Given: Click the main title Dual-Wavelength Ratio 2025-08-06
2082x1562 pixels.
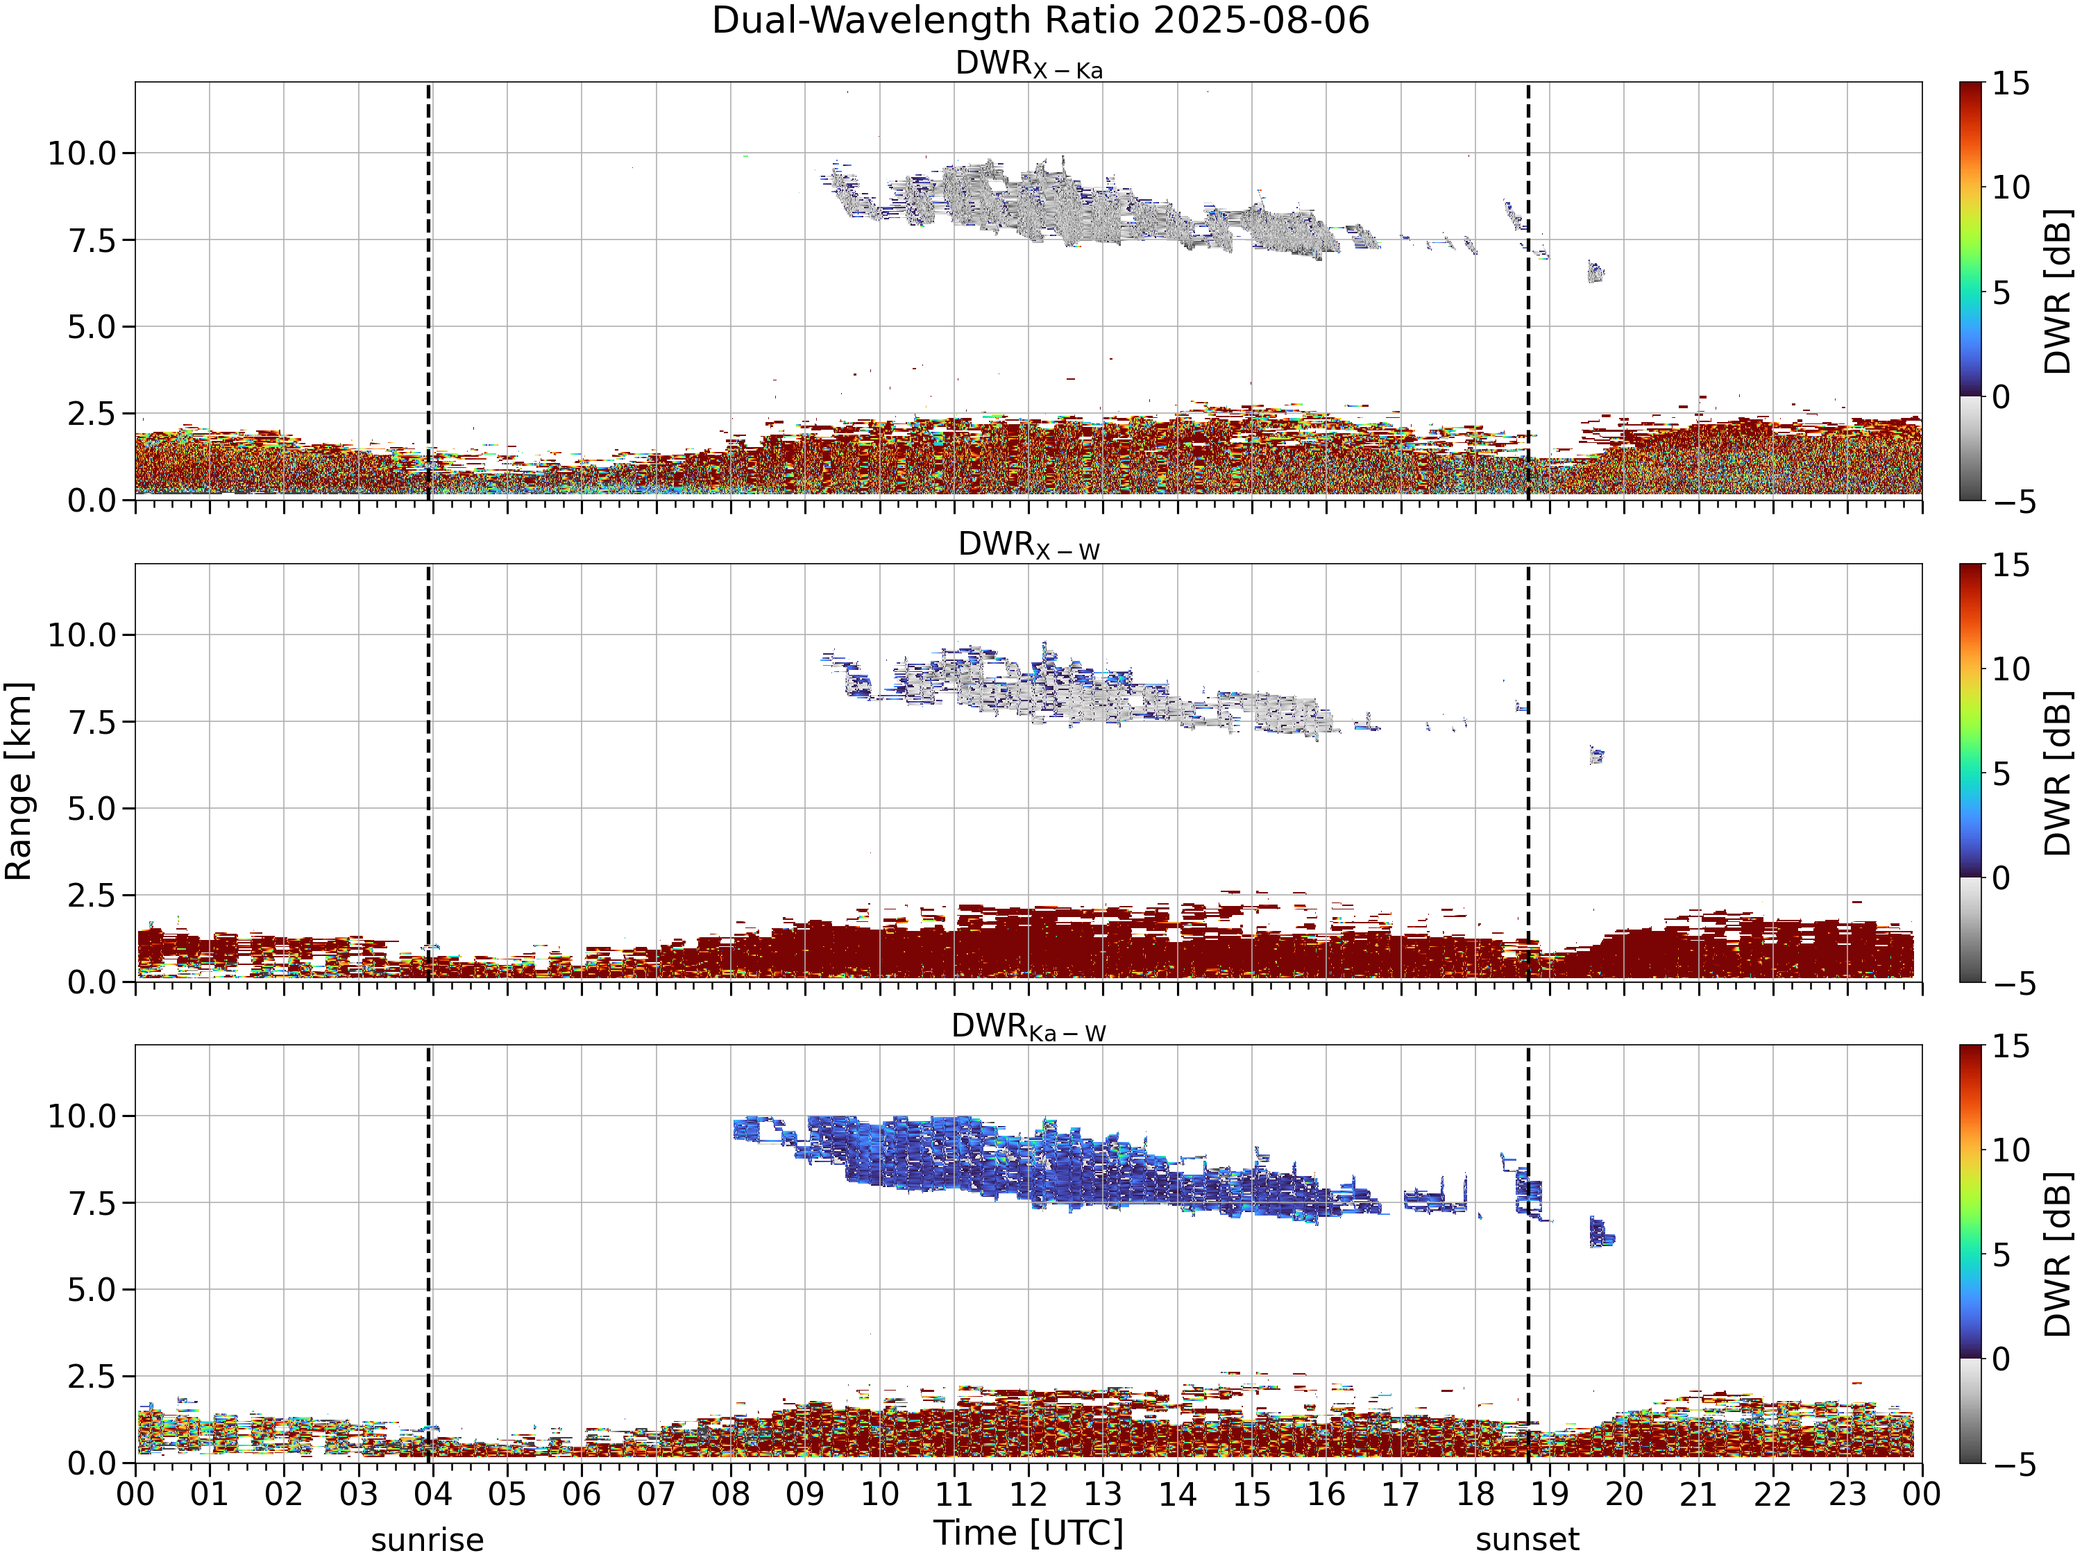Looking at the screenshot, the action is [x=1040, y=21].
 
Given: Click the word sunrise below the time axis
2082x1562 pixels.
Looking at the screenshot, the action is [x=428, y=1540].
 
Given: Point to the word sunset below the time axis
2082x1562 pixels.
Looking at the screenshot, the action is [x=1527, y=1540].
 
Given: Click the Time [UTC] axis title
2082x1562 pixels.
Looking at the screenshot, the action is [x=1029, y=1533].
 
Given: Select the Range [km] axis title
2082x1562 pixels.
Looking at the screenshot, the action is [x=18, y=782].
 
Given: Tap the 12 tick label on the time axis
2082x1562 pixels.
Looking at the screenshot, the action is [x=1028, y=1494].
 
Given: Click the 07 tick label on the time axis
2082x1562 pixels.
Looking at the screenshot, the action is [x=656, y=1494].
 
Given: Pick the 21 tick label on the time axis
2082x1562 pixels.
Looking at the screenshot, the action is [x=1698, y=1494].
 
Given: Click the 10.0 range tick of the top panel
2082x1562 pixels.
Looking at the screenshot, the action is [x=82, y=153].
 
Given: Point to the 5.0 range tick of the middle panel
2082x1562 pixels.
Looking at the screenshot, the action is [x=92, y=809].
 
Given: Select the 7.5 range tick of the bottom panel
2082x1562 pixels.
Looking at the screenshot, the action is [x=92, y=1203].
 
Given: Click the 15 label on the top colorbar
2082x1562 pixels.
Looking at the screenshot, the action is [x=2011, y=84].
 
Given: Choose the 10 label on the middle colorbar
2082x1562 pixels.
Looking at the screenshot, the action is [x=2011, y=669].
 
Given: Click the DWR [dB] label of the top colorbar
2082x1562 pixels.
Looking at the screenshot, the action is [x=2058, y=292].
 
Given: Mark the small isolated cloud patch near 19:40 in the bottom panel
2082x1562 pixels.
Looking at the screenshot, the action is [x=1601, y=1232].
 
